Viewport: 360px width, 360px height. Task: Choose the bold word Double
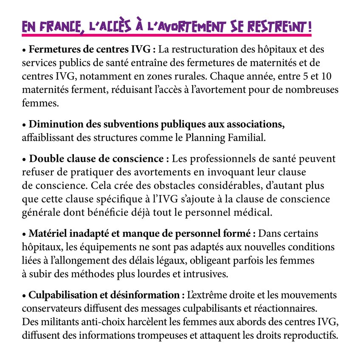(44, 159)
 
